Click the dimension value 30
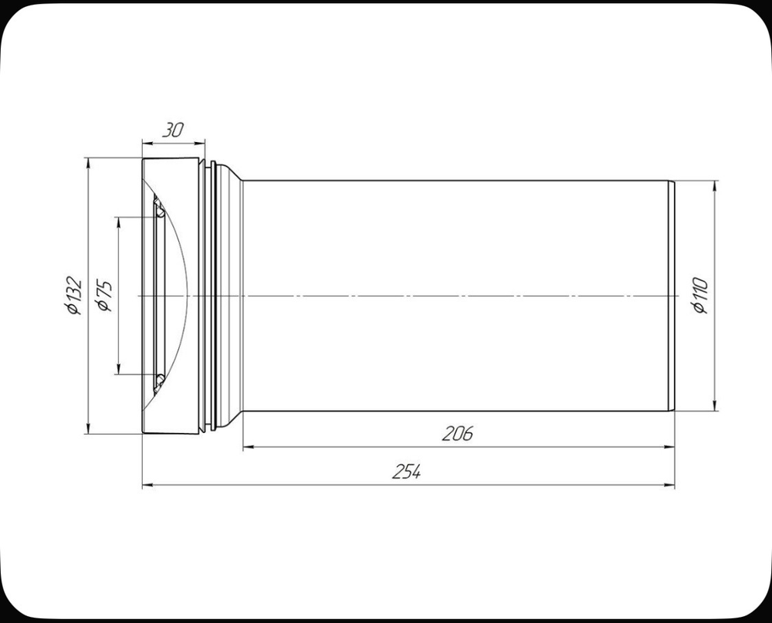click(173, 130)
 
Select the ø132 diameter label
click(73, 296)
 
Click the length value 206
click(457, 434)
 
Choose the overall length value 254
click(406, 472)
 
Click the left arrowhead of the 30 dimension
click(147, 142)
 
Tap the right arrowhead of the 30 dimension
click(201, 142)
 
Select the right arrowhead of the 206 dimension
click(670, 447)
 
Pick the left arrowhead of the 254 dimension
click(147, 486)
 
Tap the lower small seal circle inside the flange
click(158, 380)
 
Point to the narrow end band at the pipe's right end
click(672, 296)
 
